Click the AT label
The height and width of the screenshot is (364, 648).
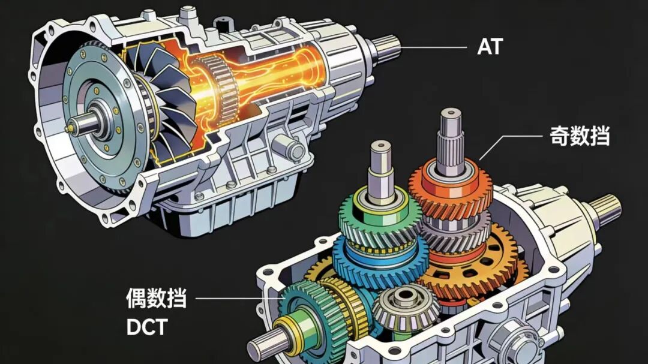pyautogui.click(x=490, y=47)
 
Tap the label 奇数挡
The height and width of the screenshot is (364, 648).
pyautogui.click(x=580, y=136)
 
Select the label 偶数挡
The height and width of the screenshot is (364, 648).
pyautogui.click(x=156, y=298)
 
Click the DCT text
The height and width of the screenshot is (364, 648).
pyautogui.click(x=147, y=327)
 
